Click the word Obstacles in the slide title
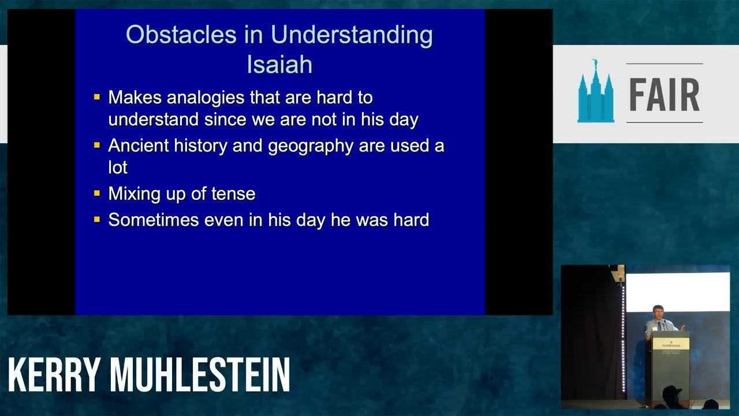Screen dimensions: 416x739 point(181,35)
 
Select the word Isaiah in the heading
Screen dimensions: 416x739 point(279,65)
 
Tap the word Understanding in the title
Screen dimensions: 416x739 point(352,36)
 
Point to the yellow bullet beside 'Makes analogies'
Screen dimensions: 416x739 point(97,97)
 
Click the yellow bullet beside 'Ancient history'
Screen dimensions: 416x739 point(97,145)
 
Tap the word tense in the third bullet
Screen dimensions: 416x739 point(233,194)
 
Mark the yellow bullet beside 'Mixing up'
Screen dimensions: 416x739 point(97,193)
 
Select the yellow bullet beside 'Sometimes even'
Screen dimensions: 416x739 point(97,220)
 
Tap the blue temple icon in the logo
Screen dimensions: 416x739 point(595,92)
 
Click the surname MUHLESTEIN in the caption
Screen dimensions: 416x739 point(200,375)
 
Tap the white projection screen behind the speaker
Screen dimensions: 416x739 point(677,292)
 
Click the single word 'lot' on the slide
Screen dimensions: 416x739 point(118,168)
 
